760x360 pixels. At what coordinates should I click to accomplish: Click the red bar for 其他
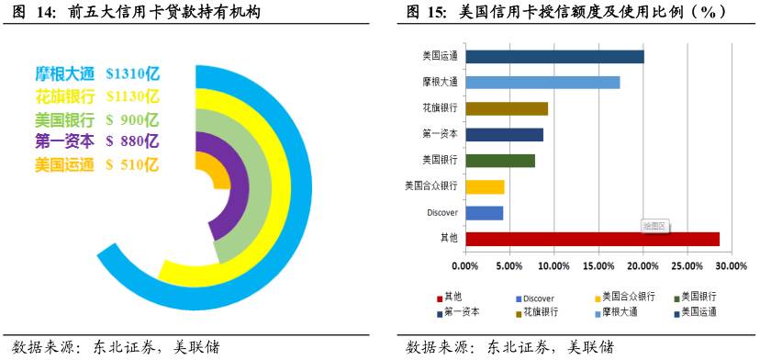[x=592, y=239]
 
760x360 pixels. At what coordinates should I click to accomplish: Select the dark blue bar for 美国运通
[x=554, y=56]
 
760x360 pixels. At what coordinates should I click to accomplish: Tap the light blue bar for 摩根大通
[x=542, y=82]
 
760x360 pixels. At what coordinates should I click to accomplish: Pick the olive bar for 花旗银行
[x=507, y=108]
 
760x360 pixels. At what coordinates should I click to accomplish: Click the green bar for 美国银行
[x=500, y=161]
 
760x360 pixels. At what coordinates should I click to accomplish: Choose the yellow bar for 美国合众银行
[x=485, y=186]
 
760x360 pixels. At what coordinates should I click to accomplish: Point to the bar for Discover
[x=484, y=213]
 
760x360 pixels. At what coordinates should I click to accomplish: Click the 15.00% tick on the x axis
[x=598, y=266]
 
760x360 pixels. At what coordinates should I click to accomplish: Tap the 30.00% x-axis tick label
[x=731, y=266]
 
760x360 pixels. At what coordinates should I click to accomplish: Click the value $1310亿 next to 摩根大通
[x=133, y=73]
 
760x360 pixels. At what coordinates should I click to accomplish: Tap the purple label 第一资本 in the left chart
[x=64, y=141]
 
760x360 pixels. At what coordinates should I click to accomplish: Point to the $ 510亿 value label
[x=133, y=165]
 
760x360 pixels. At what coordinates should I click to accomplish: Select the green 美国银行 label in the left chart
[x=64, y=119]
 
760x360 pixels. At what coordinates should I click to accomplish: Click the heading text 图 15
[x=428, y=12]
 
